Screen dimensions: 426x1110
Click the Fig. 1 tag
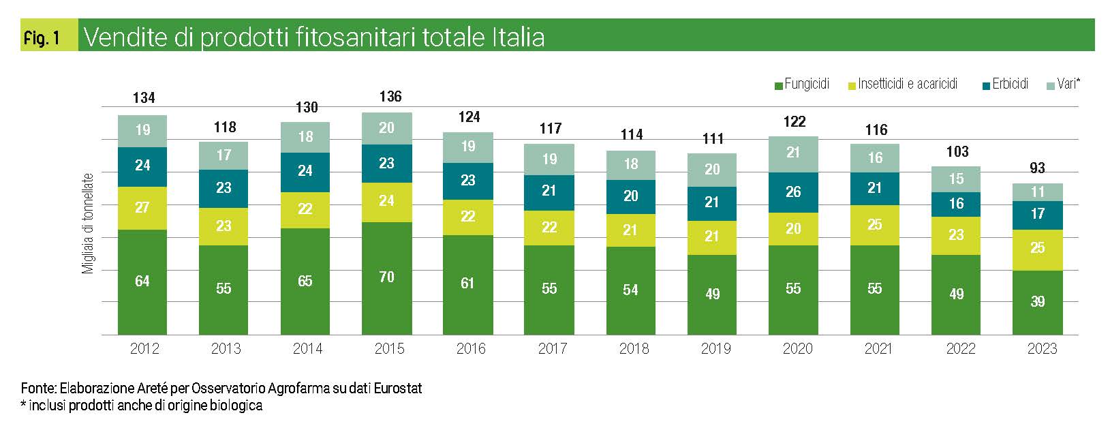42,38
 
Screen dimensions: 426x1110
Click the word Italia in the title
518,37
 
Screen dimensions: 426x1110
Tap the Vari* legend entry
1063,85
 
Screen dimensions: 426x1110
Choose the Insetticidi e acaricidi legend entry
902,85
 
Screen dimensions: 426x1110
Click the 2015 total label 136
390,97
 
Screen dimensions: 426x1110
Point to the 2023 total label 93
1037,168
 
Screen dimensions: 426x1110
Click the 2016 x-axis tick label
471,349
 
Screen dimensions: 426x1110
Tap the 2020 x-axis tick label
797,349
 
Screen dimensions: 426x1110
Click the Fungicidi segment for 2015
386,277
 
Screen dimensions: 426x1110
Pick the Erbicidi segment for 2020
793,192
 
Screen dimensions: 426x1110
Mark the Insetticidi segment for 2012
142,208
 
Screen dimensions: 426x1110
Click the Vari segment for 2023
1037,192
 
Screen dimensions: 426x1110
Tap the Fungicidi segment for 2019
712,294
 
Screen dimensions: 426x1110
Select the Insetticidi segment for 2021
875,225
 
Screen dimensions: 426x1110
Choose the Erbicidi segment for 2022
956,204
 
